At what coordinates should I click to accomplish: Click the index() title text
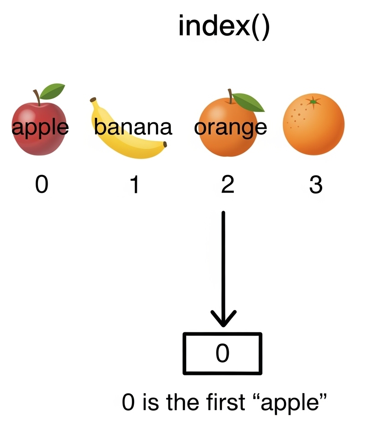tap(224, 27)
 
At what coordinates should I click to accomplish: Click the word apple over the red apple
tap(40, 127)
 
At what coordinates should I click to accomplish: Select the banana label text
tap(133, 127)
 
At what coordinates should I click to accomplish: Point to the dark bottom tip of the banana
tap(165, 145)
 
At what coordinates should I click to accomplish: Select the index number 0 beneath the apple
tap(41, 186)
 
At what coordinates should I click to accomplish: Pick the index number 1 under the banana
tap(134, 186)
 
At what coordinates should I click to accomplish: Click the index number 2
tap(227, 186)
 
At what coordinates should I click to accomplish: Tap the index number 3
tap(315, 186)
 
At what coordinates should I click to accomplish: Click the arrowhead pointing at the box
tap(223, 318)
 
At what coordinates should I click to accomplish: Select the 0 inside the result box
tap(222, 353)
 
